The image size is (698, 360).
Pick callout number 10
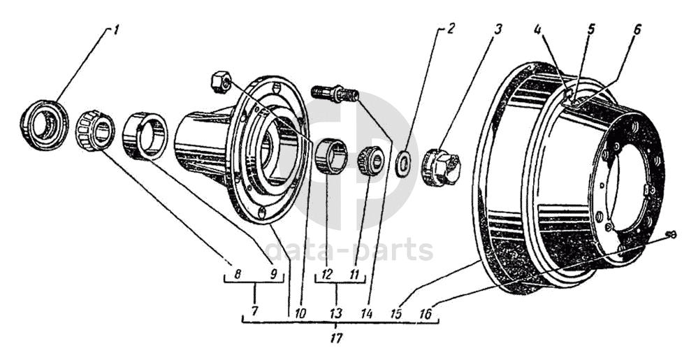pos(300,312)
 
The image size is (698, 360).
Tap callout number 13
pos(336,312)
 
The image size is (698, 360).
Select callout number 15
pos(395,313)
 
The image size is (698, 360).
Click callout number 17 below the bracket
pos(337,338)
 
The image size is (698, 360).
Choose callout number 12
pos(327,273)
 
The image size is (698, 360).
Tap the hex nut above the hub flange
pos(220,83)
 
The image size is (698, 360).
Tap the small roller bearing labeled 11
pos(371,160)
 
